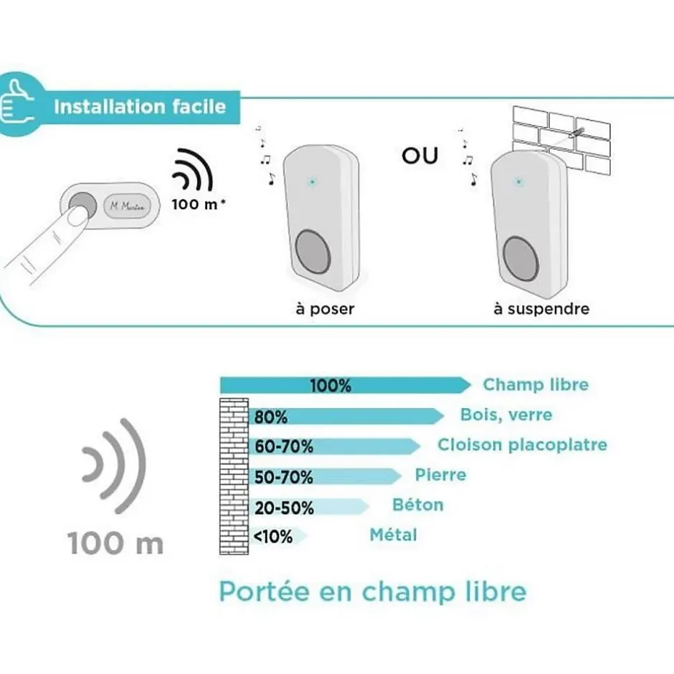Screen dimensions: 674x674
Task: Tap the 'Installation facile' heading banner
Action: pos(140,108)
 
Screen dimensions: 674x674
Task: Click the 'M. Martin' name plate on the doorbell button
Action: pos(128,207)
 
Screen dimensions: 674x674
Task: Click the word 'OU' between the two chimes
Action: pos(419,156)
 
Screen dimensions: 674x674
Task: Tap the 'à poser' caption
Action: pos(325,309)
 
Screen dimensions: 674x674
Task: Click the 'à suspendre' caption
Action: pos(541,309)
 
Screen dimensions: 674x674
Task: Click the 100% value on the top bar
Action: pos(331,386)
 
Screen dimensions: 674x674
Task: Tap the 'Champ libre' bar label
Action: pos(536,384)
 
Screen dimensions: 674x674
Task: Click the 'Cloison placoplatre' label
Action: pos(522,445)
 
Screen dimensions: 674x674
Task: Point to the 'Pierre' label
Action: pos(440,475)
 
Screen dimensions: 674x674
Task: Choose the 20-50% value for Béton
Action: pos(284,508)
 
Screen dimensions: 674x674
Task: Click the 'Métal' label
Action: pos(393,534)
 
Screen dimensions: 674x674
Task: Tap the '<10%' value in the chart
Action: pos(272,536)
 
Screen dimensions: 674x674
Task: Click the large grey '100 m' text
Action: pos(116,543)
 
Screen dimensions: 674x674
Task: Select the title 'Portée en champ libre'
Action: pos(372,592)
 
